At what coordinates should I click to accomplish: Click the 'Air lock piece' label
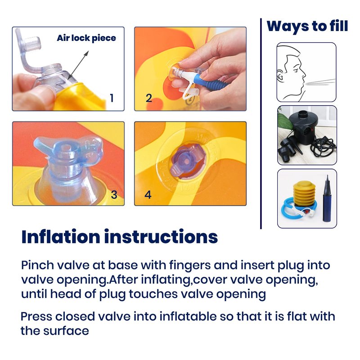[x=86, y=38]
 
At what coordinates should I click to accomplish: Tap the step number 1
[x=112, y=98]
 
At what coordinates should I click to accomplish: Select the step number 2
[x=149, y=98]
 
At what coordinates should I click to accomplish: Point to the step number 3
[x=114, y=195]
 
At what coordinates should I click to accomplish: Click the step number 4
[x=148, y=195]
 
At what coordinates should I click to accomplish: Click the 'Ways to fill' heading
[x=307, y=26]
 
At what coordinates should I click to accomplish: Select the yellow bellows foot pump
[x=304, y=194]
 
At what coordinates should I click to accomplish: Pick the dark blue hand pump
[x=328, y=199]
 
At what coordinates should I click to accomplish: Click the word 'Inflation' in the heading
[x=61, y=237]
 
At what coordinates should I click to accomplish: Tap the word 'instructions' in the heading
[x=161, y=237]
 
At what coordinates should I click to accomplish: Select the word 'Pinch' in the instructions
[x=37, y=265]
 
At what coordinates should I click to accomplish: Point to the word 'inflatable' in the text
[x=188, y=316]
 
